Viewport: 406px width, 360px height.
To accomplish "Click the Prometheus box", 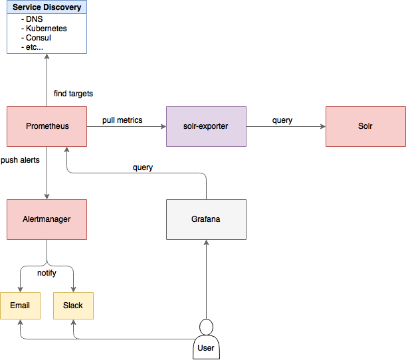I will (47, 126).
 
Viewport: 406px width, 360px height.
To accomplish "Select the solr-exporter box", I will (206, 126).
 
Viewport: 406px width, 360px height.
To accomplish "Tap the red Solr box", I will (365, 126).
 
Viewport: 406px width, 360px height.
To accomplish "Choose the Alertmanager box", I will (47, 219).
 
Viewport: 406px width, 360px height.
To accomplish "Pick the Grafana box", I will (206, 219).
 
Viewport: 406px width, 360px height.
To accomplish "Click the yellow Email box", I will (20, 306).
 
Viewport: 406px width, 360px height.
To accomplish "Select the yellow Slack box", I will (73, 306).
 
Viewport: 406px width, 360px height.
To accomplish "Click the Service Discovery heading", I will (47, 8).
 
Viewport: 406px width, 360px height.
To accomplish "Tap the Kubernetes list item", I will (47, 29).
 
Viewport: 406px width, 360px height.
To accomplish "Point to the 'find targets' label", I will (74, 94).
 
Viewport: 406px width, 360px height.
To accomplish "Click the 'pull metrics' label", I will (122, 120).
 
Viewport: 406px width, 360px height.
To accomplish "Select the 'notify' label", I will (47, 273).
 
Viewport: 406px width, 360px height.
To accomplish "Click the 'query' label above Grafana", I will (143, 167).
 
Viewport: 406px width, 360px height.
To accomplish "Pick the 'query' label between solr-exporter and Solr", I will (282, 120).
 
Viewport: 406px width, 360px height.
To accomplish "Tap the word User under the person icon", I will (207, 348).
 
